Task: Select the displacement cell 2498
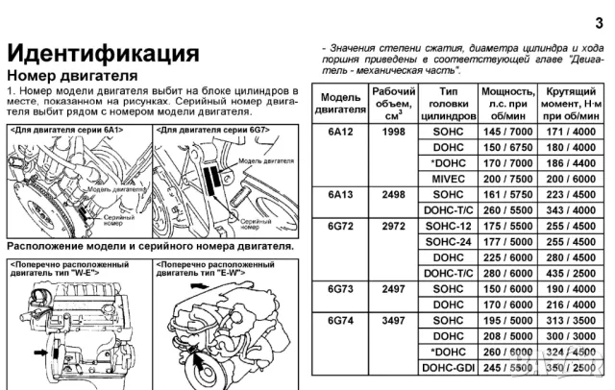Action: (x=394, y=192)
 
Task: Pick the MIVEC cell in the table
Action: (x=449, y=177)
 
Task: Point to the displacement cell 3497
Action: (x=394, y=320)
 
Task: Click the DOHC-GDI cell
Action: (x=449, y=367)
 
